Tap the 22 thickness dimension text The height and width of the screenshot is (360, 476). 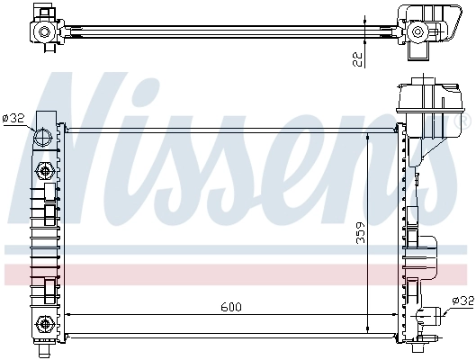[358, 59]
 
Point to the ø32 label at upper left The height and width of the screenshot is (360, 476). [13, 118]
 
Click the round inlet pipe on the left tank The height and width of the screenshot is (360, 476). [43, 138]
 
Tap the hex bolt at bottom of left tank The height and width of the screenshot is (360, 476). [43, 324]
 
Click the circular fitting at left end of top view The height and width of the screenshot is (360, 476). [43, 32]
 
